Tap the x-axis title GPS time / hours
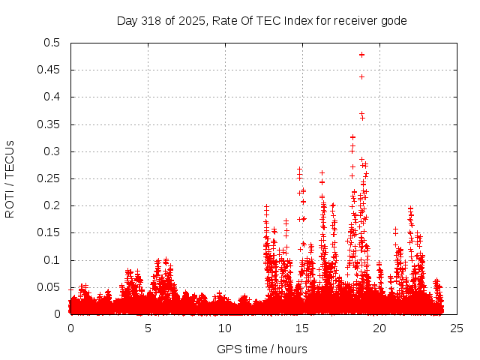[x=262, y=349]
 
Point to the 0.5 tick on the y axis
[x=54, y=43]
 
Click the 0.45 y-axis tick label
[x=51, y=70]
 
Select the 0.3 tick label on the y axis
[x=54, y=151]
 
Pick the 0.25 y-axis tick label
[x=51, y=178]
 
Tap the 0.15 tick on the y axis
[x=51, y=233]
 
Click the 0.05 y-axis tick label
[x=51, y=287]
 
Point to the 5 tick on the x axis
[x=148, y=328]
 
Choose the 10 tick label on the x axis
[x=225, y=328]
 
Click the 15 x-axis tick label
[x=302, y=328]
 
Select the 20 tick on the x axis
[x=379, y=328]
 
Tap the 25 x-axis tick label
[x=457, y=328]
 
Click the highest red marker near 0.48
[x=361, y=55]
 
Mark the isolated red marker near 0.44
[x=361, y=76]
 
